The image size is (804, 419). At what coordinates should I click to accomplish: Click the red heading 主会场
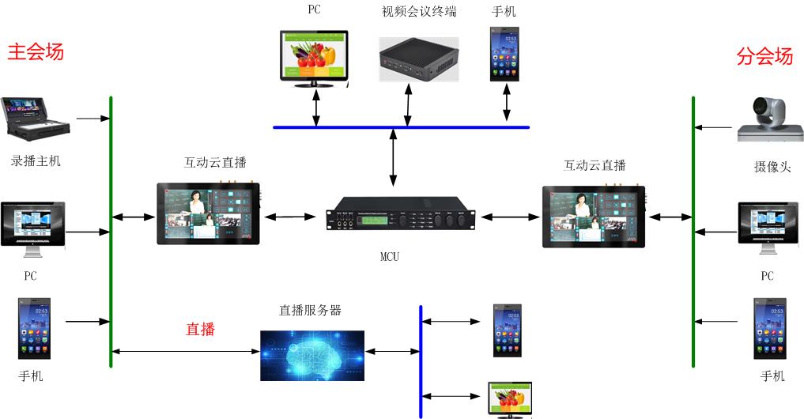tap(36, 52)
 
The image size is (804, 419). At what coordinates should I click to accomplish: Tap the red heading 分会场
tap(764, 56)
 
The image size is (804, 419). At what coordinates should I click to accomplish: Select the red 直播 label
tap(200, 329)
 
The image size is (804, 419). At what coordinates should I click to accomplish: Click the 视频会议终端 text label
tap(419, 12)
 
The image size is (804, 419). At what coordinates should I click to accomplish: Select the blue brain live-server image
tap(312, 356)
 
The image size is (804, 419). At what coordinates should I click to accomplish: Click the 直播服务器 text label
tap(311, 311)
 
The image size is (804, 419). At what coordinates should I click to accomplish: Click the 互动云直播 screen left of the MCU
tap(208, 213)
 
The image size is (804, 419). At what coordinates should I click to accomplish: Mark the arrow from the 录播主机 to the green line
tap(93, 119)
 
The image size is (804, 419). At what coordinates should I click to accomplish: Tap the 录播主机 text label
tap(36, 161)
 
